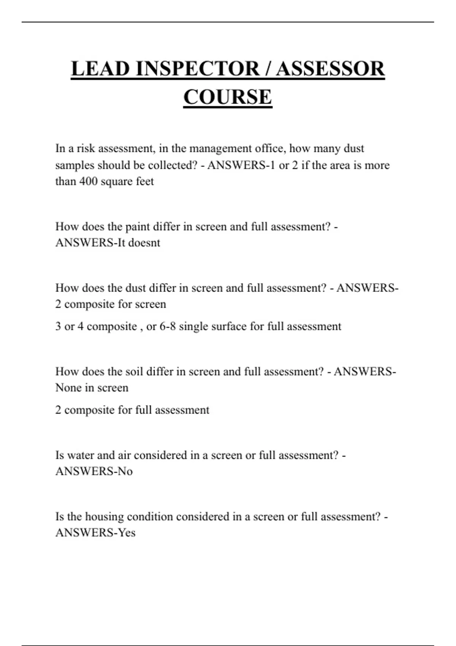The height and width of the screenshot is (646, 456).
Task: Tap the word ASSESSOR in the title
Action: click(330, 69)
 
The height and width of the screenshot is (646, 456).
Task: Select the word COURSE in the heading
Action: click(228, 97)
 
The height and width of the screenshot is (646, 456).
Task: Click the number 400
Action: click(88, 181)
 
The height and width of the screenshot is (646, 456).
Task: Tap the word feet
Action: click(145, 181)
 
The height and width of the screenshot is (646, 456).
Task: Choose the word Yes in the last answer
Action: click(127, 533)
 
